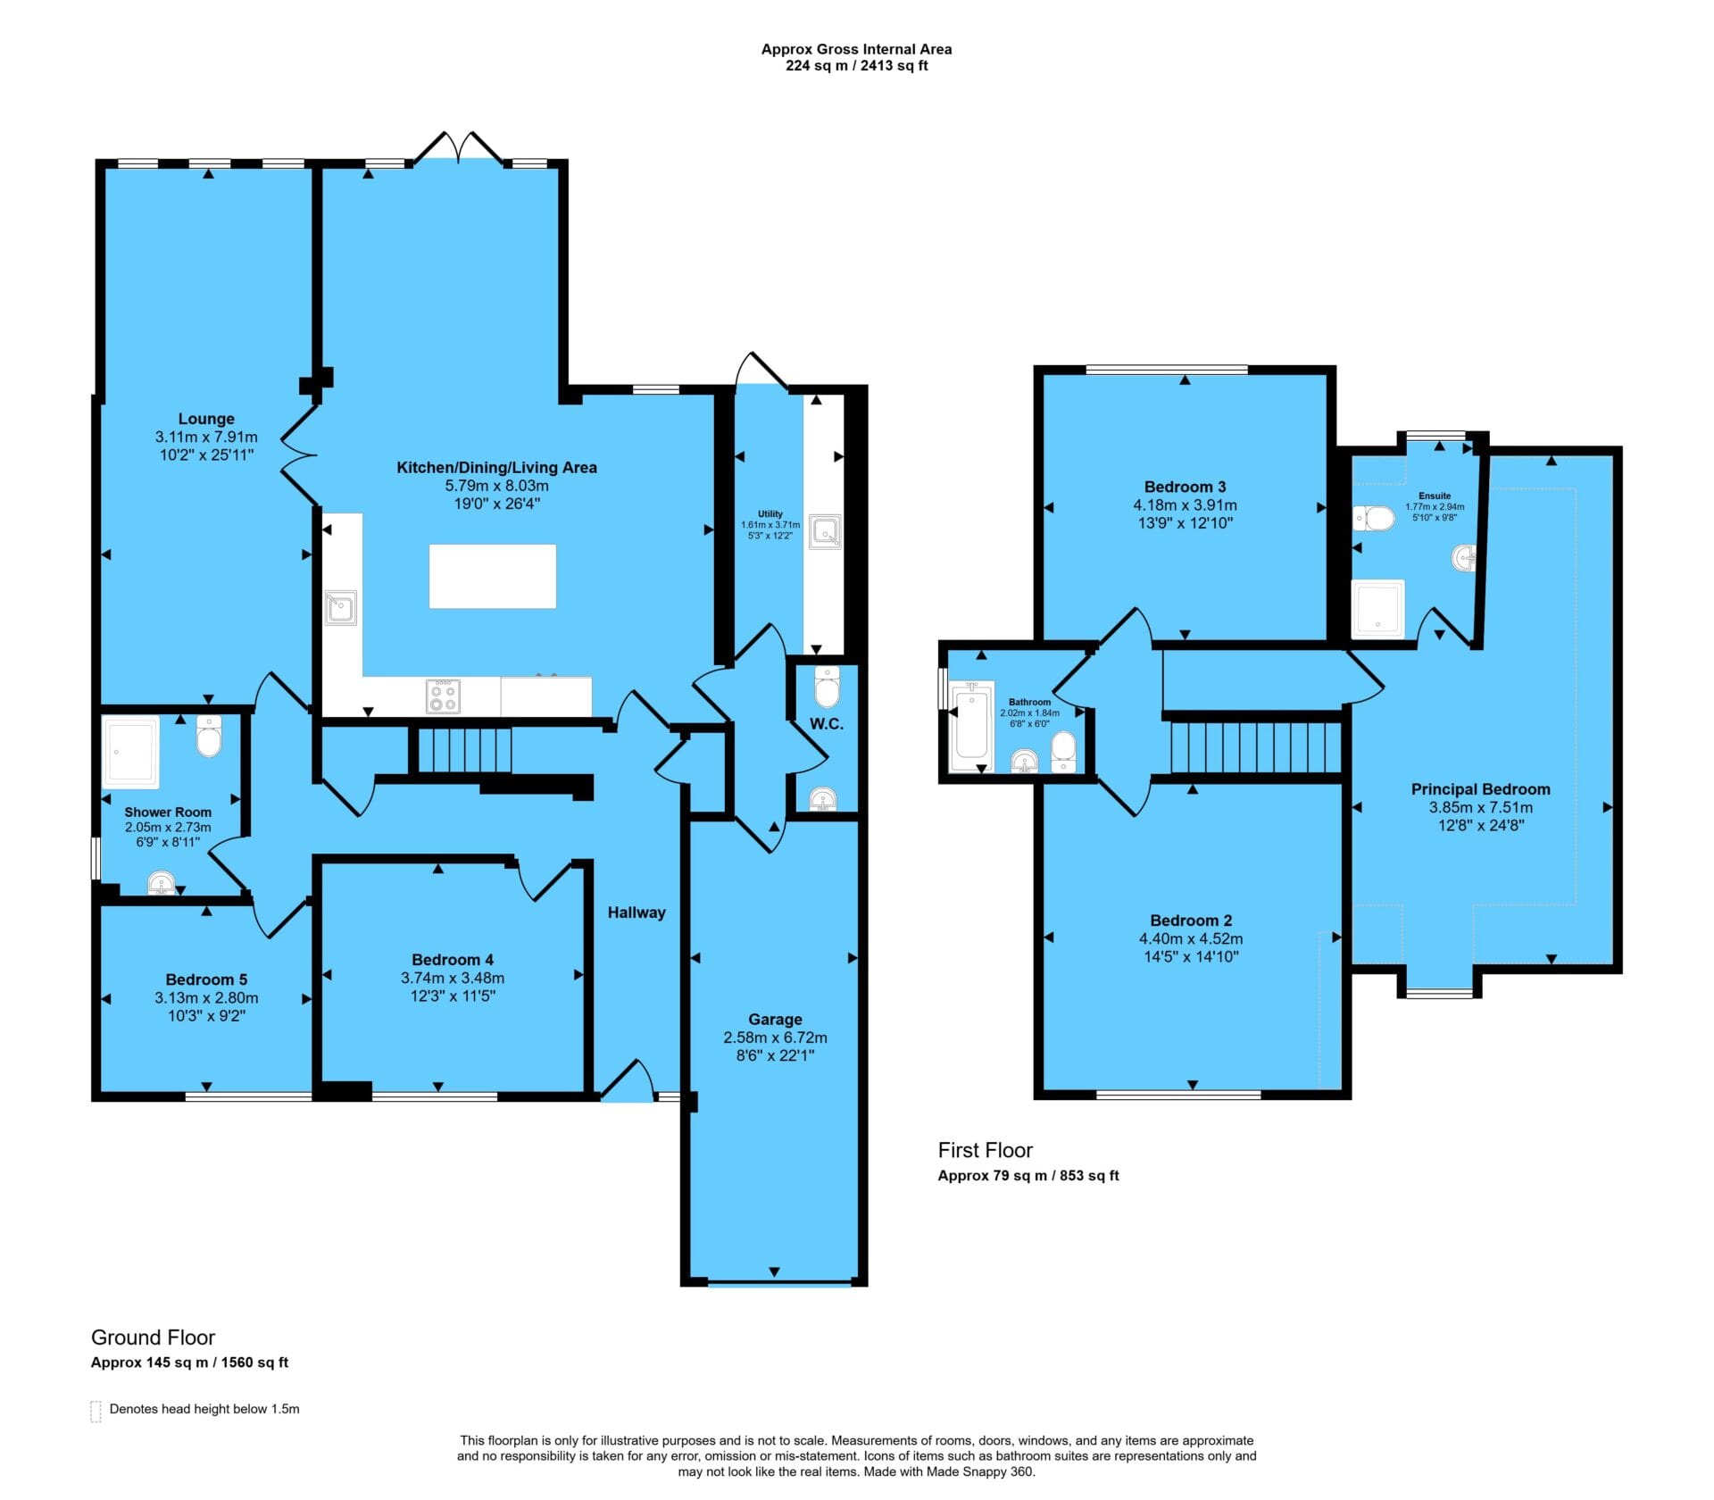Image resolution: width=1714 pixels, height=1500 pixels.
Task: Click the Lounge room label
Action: click(206, 419)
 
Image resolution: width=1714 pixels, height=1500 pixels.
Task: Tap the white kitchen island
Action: click(493, 576)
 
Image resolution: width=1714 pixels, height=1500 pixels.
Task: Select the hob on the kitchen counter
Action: click(444, 696)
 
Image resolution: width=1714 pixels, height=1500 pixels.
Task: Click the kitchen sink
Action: click(340, 607)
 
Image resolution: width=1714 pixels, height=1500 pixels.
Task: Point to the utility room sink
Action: click(824, 531)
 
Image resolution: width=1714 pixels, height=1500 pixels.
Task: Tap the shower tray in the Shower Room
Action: click(132, 752)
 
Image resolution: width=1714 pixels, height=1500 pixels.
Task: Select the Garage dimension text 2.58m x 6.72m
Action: click(775, 1037)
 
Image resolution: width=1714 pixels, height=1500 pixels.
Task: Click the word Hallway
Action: click(637, 912)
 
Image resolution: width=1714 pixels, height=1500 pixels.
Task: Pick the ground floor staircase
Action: click(464, 750)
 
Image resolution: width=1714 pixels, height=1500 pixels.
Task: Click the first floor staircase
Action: click(1255, 746)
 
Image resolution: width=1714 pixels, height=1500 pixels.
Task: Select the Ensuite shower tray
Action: click(1378, 609)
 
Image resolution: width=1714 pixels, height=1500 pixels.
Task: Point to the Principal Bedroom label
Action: click(1480, 789)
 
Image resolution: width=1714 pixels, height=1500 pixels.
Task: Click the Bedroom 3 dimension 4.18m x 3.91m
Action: click(1185, 505)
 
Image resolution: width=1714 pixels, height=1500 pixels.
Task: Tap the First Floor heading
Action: click(985, 1150)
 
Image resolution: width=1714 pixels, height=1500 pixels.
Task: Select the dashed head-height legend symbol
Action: click(96, 1411)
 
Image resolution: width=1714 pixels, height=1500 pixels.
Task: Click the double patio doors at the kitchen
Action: click(458, 148)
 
